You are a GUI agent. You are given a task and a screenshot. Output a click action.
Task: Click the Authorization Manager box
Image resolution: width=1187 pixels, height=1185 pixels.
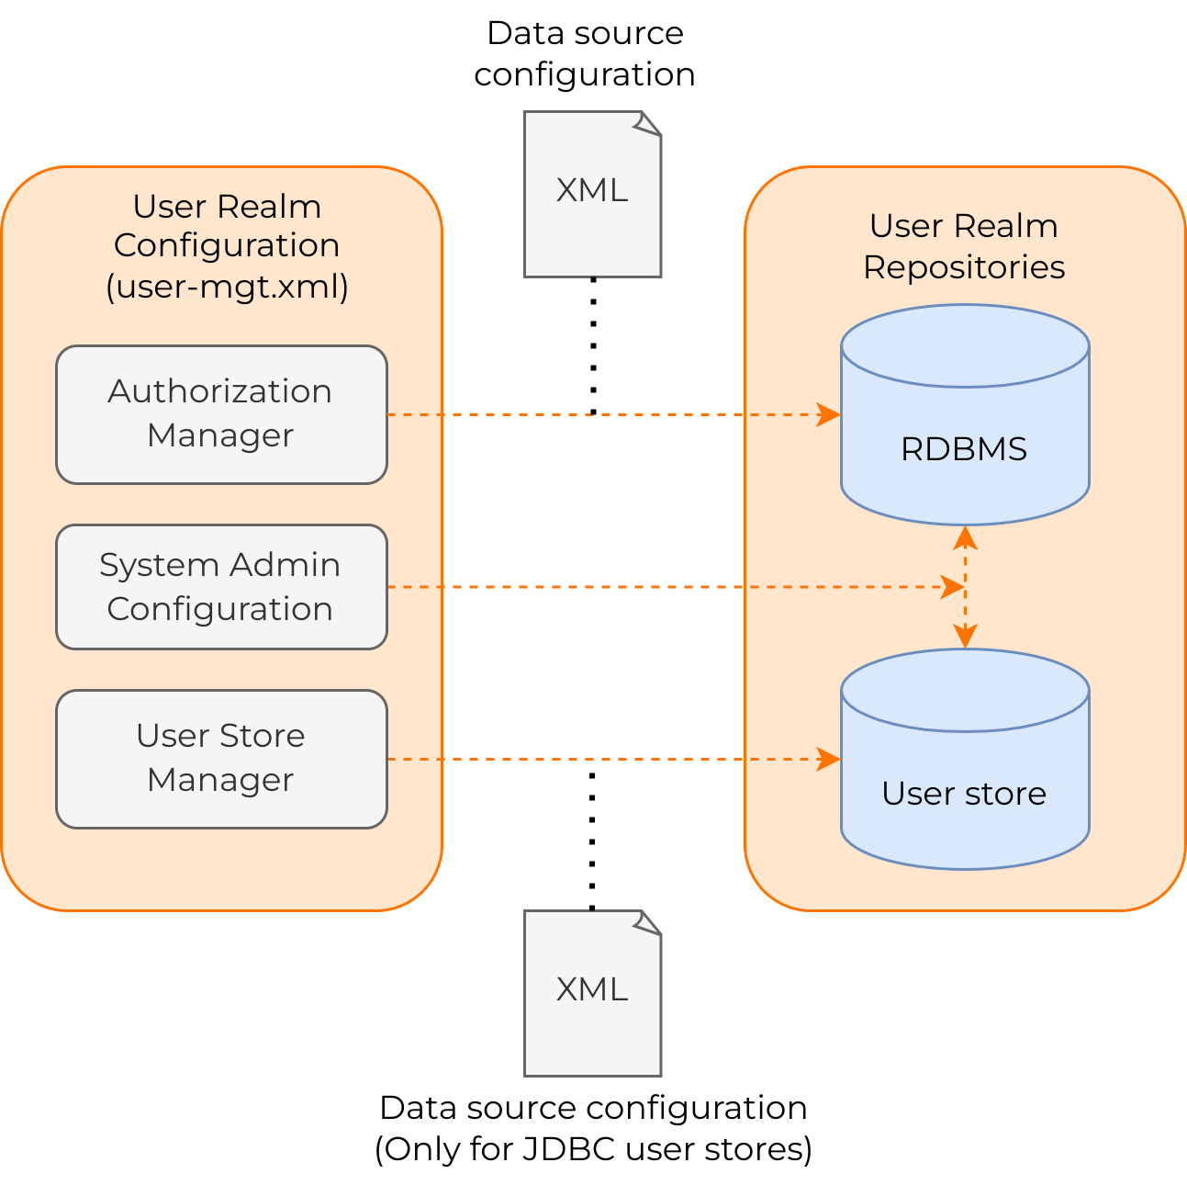click(221, 414)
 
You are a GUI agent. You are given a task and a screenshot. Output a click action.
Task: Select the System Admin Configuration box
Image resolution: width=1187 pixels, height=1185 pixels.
click(221, 587)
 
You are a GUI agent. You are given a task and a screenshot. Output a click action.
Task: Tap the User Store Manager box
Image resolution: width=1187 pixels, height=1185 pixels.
click(221, 759)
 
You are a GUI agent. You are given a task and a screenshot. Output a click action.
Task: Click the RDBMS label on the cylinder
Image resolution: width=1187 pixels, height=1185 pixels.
click(964, 449)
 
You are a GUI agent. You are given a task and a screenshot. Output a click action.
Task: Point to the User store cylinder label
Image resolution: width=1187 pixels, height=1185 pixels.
click(964, 794)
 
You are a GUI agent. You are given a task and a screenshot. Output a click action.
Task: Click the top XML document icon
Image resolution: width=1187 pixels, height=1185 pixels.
click(592, 194)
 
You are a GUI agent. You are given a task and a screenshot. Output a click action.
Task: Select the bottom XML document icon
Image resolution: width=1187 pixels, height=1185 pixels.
click(592, 994)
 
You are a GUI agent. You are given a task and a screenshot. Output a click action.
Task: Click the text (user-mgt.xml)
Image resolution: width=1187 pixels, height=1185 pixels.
click(228, 287)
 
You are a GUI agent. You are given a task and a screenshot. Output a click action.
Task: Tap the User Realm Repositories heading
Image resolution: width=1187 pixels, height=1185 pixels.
click(964, 246)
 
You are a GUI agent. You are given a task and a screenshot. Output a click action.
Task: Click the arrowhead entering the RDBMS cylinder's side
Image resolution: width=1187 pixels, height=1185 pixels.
click(829, 415)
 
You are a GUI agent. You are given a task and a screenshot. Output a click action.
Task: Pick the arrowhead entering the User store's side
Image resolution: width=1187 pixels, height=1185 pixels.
click(829, 759)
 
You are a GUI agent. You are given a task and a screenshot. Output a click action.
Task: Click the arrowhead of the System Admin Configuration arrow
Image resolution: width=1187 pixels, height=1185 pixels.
click(953, 587)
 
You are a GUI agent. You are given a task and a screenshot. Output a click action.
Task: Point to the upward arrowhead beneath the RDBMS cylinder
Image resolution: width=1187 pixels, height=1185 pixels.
click(965, 537)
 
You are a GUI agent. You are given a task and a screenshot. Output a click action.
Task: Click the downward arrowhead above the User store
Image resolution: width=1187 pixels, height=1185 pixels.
click(965, 636)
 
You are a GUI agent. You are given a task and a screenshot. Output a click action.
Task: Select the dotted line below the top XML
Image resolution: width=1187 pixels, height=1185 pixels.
click(593, 346)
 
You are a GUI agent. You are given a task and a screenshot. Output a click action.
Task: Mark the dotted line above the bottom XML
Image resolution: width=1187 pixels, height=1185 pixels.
click(592, 841)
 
